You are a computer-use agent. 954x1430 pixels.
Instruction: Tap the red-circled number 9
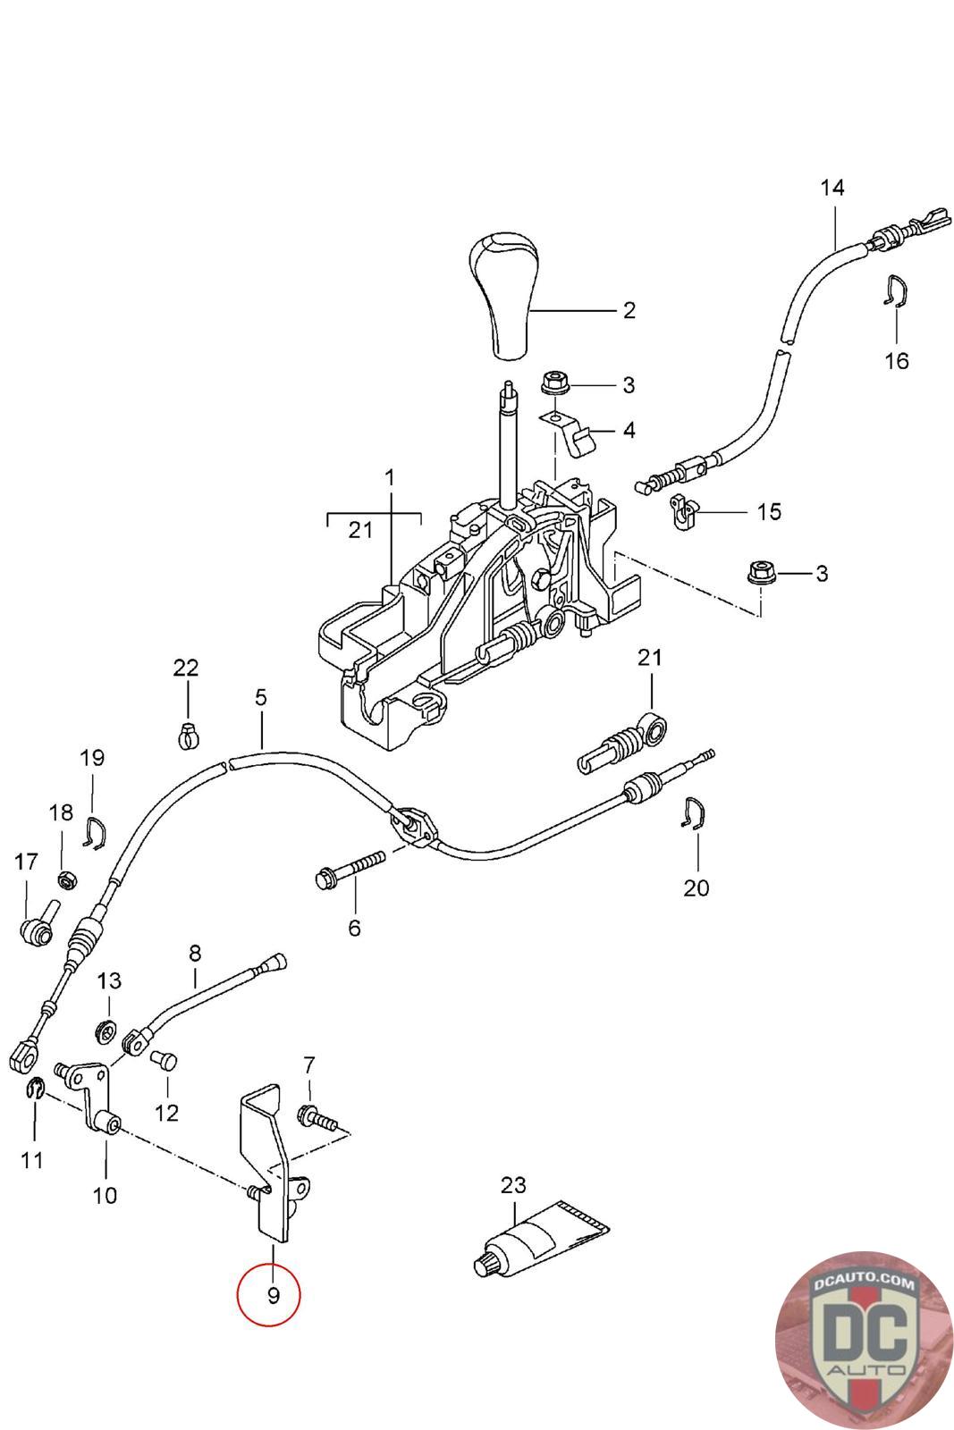coord(270,1294)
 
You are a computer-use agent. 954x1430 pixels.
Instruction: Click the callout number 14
coord(832,188)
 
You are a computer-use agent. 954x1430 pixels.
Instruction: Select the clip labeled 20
coord(692,812)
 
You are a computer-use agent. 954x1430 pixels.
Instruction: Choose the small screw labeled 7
coord(318,1118)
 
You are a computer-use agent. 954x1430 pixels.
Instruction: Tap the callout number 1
coord(389,479)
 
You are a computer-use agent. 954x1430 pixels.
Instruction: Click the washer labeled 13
coord(106,1032)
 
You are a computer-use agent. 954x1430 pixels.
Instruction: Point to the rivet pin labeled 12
coord(165,1061)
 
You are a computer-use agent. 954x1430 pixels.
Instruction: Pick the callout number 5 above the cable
coord(260,697)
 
